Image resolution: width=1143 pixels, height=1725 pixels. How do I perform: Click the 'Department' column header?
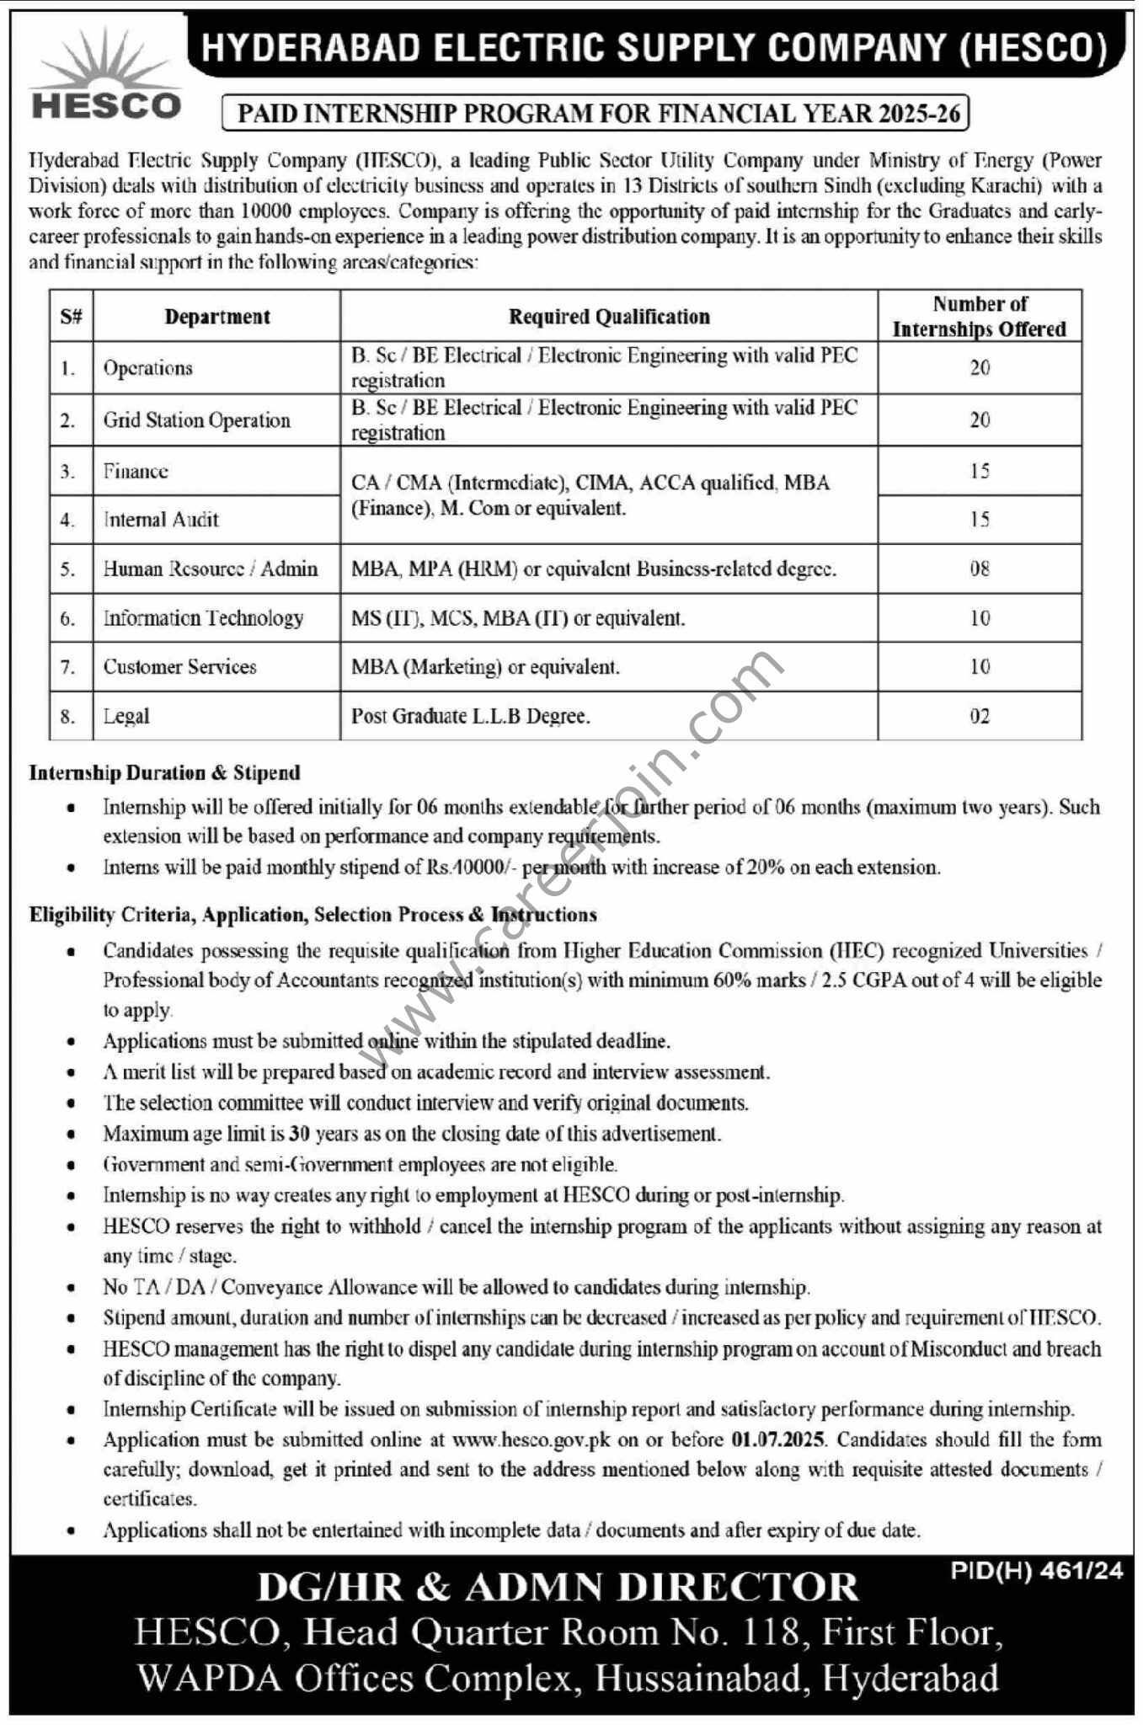(216, 317)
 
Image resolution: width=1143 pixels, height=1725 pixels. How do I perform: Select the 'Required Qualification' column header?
(608, 317)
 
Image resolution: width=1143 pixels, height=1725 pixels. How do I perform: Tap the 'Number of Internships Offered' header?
(979, 317)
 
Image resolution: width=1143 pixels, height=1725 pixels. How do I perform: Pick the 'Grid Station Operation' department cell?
(196, 420)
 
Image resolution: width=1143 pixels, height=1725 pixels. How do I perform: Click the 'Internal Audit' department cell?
(161, 520)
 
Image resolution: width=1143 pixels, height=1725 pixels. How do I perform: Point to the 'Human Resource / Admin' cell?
(211, 569)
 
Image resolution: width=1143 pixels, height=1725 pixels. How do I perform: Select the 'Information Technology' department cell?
(203, 618)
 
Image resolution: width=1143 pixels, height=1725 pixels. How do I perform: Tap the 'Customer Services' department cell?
(179, 667)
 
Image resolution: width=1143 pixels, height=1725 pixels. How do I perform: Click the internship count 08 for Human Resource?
(979, 569)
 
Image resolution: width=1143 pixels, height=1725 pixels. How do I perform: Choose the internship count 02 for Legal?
(979, 717)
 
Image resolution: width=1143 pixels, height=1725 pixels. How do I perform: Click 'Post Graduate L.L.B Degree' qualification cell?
(470, 717)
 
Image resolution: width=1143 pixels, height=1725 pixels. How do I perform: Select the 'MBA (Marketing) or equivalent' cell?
(485, 667)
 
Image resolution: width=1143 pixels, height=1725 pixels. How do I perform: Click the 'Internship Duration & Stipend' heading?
(164, 772)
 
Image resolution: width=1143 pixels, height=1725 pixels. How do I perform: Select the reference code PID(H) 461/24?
(1037, 1569)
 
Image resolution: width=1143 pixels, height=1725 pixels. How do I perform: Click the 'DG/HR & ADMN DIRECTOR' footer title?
(558, 1588)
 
